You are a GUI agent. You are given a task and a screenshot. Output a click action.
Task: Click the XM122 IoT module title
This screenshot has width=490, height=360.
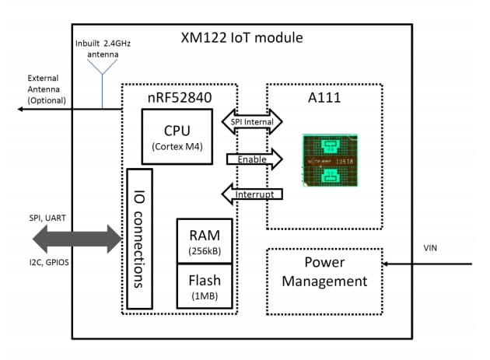tap(241, 38)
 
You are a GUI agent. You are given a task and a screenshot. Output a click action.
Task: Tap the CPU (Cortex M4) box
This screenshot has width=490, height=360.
tap(177, 136)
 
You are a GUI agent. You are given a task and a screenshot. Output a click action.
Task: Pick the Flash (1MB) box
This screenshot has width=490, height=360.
tap(205, 285)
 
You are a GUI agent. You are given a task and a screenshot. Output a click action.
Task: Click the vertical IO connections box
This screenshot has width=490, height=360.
tap(138, 238)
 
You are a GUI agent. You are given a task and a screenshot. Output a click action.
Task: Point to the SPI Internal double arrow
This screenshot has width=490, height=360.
tap(253, 121)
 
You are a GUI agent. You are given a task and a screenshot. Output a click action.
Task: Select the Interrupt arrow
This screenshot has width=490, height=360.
tap(251, 194)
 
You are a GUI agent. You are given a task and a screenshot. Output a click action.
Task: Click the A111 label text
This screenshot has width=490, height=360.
tap(325, 98)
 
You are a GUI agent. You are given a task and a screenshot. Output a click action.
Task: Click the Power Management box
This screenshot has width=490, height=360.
tap(324, 272)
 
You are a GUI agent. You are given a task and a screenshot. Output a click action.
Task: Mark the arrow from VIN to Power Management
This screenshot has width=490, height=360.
tap(427, 264)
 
